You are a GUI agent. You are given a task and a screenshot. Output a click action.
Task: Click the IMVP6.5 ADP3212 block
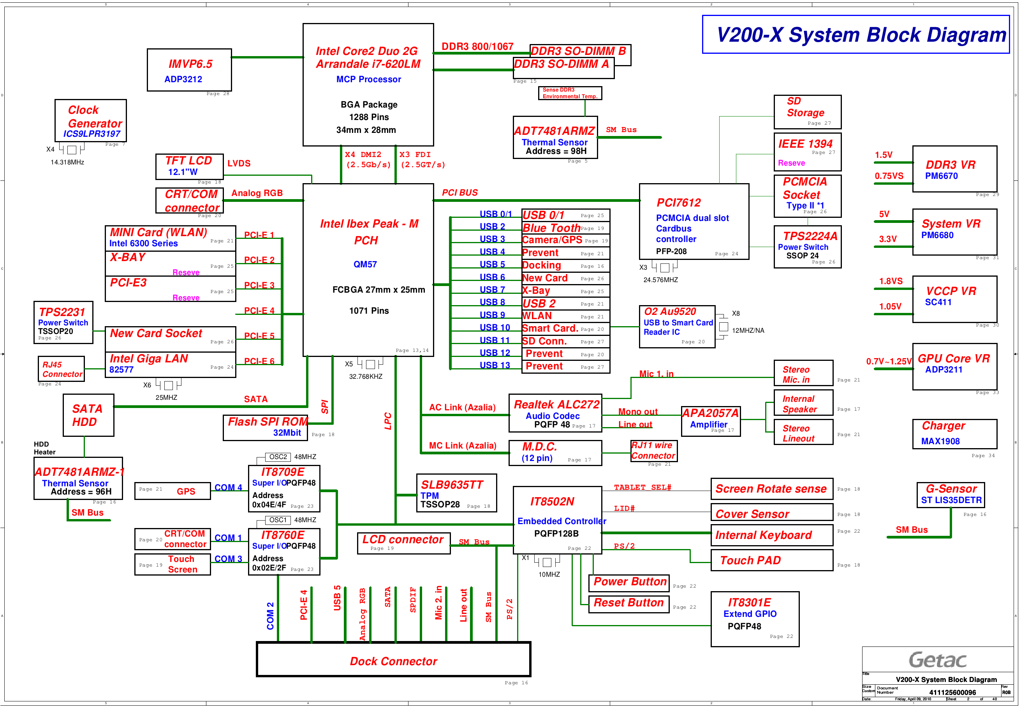click(189, 70)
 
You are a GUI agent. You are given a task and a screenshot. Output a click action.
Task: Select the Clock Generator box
click(91, 120)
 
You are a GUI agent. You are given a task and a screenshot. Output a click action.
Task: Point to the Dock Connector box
click(393, 660)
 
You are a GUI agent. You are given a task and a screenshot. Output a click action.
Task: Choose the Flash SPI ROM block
click(265, 427)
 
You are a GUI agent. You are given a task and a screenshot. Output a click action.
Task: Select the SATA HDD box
click(88, 415)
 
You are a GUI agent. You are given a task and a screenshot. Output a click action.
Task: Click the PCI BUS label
click(459, 193)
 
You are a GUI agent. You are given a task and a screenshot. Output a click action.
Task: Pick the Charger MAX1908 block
click(954, 434)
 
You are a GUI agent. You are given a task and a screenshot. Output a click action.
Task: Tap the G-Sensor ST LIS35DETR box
click(951, 495)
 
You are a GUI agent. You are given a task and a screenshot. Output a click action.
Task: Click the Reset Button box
click(628, 603)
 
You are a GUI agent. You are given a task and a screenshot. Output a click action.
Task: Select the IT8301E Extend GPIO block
click(754, 619)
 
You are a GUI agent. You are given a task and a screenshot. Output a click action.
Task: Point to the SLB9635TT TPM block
click(456, 493)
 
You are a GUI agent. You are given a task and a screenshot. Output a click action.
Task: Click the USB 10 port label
click(494, 328)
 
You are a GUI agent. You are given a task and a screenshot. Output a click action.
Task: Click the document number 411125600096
click(952, 692)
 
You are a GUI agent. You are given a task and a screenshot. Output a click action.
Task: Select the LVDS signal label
click(239, 163)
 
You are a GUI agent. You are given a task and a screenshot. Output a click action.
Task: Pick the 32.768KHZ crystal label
click(365, 377)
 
